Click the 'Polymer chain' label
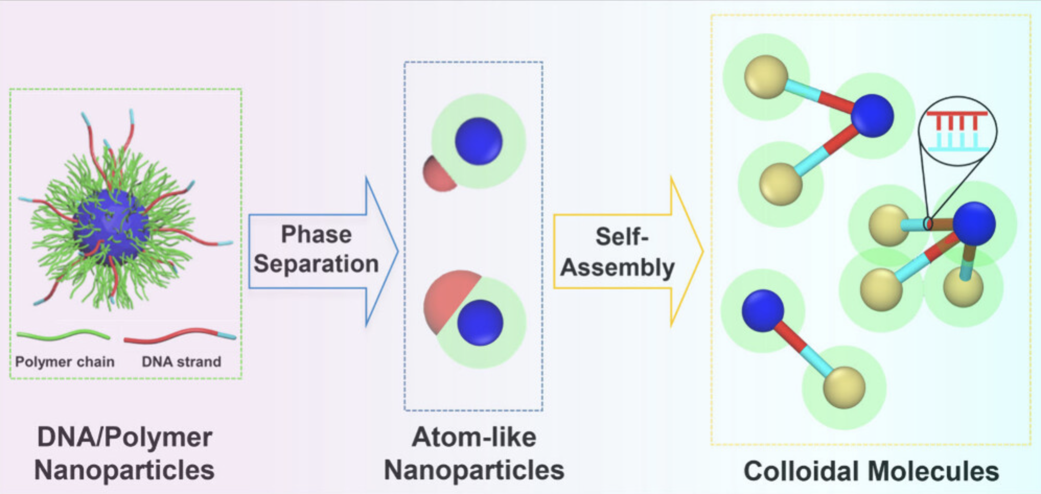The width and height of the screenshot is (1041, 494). click(65, 361)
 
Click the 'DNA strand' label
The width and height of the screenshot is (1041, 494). click(181, 361)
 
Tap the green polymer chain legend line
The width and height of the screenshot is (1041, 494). click(63, 335)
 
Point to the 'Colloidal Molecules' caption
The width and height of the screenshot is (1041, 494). click(871, 471)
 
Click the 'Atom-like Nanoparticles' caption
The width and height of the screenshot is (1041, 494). click(474, 453)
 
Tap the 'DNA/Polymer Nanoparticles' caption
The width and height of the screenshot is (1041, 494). click(124, 453)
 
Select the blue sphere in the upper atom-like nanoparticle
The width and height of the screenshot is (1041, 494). click(479, 142)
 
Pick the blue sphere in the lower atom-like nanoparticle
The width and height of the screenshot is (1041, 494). click(480, 322)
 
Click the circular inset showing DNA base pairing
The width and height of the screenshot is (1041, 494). click(957, 131)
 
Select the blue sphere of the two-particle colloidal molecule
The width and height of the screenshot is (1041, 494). click(762, 311)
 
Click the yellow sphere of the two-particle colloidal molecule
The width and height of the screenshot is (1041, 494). click(844, 387)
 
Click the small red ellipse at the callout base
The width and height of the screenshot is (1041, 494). click(928, 224)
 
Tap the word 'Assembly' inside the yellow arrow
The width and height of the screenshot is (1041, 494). click(618, 268)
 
